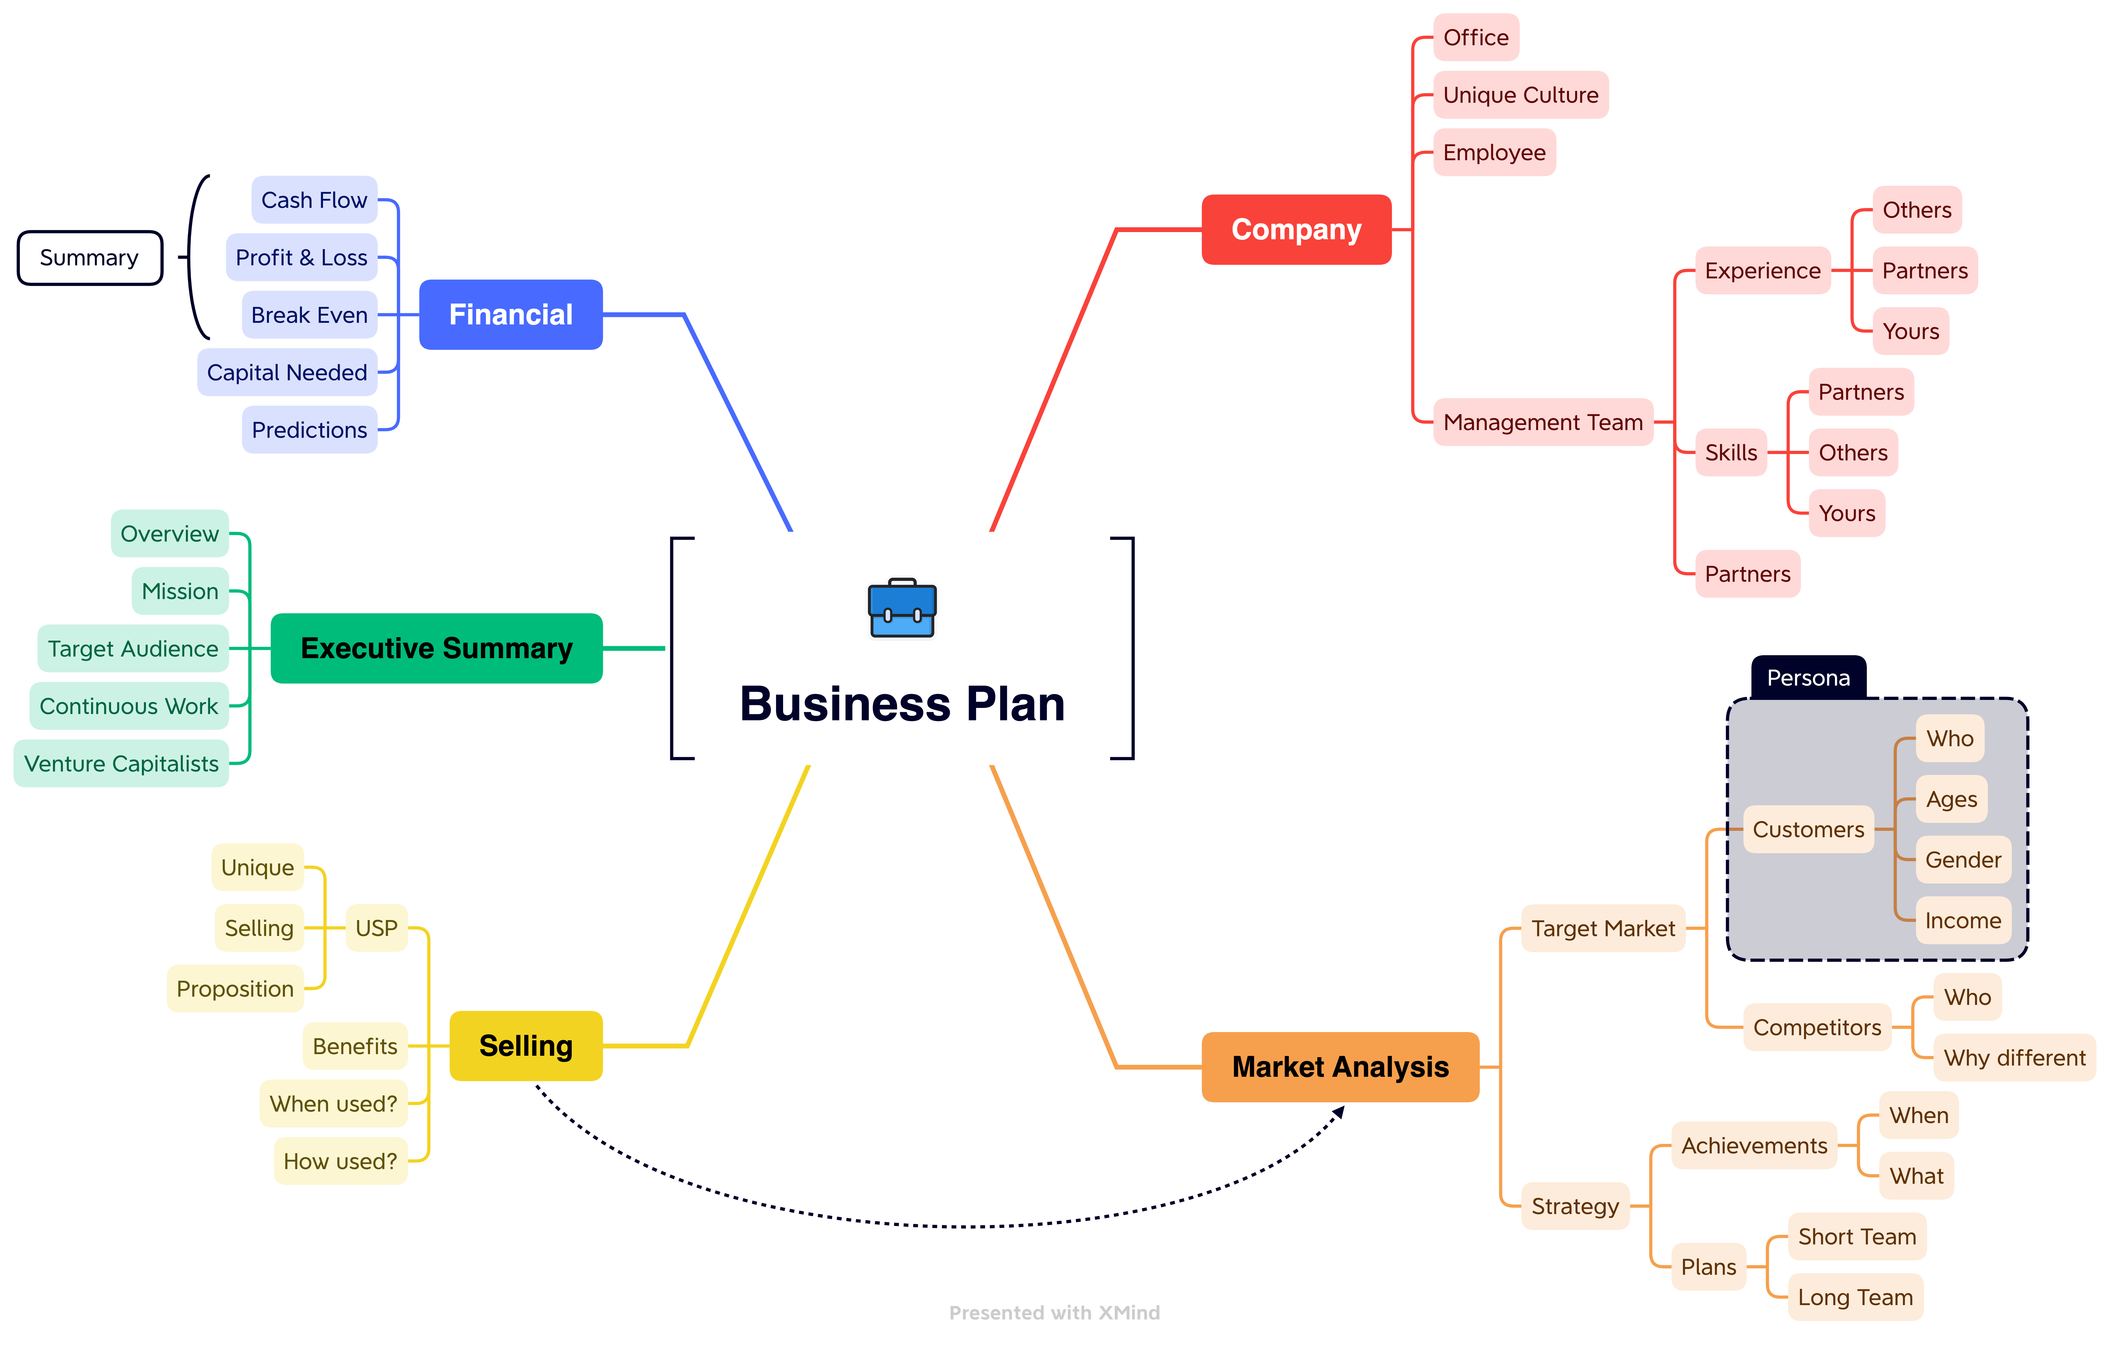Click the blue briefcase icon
tap(902, 608)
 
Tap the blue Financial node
tap(510, 315)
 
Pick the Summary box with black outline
tap(90, 257)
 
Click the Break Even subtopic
tap(309, 315)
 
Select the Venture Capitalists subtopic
tap(121, 764)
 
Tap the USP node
tap(376, 928)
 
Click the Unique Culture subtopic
tap(1520, 95)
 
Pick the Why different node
tap(2014, 1058)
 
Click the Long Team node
tap(1855, 1297)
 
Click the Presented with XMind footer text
tap(1054, 1313)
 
